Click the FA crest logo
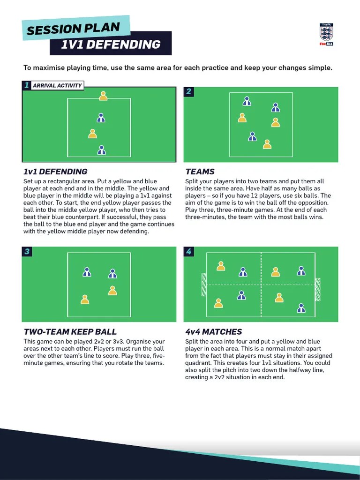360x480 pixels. tap(326, 34)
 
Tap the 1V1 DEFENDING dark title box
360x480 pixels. tap(111, 45)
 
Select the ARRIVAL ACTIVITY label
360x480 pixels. tap(57, 86)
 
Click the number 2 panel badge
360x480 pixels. tap(188, 91)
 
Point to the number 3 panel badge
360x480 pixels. tap(27, 252)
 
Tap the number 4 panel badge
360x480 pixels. tap(188, 252)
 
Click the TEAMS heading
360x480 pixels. tap(200, 172)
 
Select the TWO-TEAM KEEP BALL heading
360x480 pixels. tap(70, 332)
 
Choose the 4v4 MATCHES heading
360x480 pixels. tap(214, 332)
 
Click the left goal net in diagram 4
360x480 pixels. tap(204, 285)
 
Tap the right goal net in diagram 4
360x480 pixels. tap(318, 289)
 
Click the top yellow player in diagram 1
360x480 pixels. tap(103, 96)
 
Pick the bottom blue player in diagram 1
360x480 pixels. tap(101, 150)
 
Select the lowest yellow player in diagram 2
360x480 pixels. tap(267, 144)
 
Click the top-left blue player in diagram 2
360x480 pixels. tap(247, 101)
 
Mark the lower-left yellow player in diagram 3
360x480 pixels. tap(85, 300)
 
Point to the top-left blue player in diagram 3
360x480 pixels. tap(87, 272)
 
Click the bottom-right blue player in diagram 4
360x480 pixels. tap(301, 308)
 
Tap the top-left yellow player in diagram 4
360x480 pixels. tap(221, 266)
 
